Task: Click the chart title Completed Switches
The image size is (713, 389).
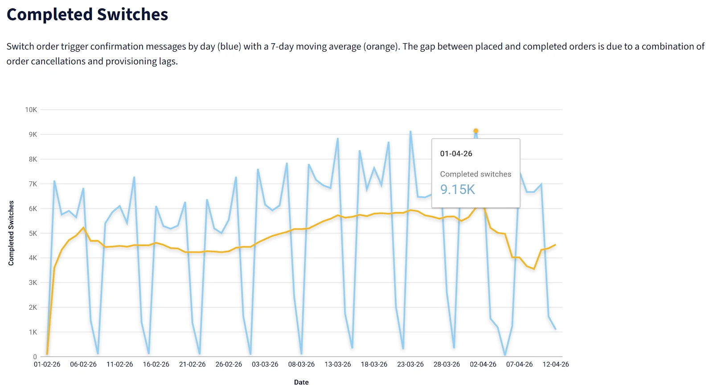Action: pos(87,14)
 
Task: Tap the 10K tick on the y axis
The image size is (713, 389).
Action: pos(31,110)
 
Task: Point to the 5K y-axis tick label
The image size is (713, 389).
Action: pos(33,233)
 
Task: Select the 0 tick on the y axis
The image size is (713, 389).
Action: pos(35,357)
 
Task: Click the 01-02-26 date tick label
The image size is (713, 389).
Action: pos(47,364)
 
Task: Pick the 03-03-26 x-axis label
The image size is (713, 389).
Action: pos(265,364)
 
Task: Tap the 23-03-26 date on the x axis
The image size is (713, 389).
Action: pos(410,364)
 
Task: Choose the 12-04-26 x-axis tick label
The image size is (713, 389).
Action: pos(555,364)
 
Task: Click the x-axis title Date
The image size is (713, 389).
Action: pos(301,382)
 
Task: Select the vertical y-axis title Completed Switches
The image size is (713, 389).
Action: pos(11,233)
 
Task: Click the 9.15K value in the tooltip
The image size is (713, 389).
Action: pos(457,189)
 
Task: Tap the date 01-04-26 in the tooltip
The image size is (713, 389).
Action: pos(456,154)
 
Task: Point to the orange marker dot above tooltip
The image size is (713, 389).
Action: pos(476,131)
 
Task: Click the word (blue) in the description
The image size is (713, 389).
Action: pos(229,46)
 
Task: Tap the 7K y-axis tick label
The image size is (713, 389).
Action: pos(33,184)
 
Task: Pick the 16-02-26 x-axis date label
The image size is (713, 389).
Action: pos(156,364)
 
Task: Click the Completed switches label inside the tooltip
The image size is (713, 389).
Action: pos(475,174)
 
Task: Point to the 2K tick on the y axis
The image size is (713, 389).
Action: pos(33,307)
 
